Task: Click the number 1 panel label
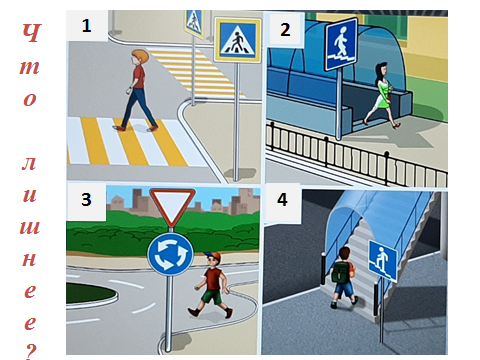tap(86, 26)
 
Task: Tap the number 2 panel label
tap(285, 30)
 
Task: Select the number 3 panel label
tap(86, 199)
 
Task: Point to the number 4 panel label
tap(282, 199)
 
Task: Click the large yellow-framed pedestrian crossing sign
tap(237, 40)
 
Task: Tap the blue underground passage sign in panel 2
tap(341, 45)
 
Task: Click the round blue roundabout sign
tap(171, 254)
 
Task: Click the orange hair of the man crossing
tap(141, 56)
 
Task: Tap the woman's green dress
tap(382, 96)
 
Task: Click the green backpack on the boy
tap(341, 272)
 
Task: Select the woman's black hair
tap(379, 75)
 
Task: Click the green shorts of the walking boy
tap(212, 296)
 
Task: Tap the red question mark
tap(31, 351)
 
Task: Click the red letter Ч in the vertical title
tap(31, 33)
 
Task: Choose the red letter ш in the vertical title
tap(30, 226)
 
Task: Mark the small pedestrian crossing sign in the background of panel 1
tap(194, 23)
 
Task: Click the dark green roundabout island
tap(90, 293)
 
